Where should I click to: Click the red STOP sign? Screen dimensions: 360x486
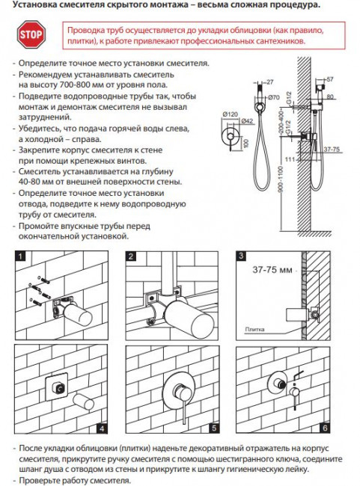coord(31,34)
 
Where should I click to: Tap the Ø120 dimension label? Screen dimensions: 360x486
coord(230,114)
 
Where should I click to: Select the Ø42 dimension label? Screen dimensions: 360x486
coord(247,121)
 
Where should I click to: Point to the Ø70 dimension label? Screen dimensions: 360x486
coord(273,97)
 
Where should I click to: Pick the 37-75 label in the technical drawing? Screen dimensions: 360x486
coord(332,150)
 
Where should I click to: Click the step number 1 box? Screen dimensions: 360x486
coord(20,256)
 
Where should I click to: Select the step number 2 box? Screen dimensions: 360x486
coord(131,256)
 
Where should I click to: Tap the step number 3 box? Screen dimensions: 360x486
coord(241,256)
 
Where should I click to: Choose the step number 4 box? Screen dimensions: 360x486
coord(102,428)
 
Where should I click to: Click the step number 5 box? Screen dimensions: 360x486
coord(213,428)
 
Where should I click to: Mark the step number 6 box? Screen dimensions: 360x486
coord(325,428)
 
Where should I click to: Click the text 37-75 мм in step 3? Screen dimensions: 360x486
coord(272,270)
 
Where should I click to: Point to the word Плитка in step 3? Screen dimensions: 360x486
coord(254,329)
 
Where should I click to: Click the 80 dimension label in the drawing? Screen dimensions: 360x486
coord(329,96)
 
